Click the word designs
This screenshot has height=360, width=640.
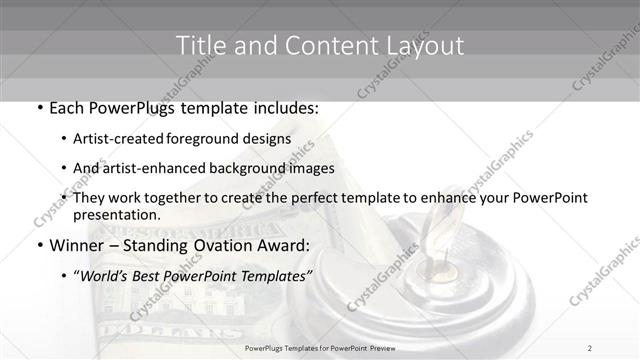(268, 138)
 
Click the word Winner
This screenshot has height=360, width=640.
(77, 245)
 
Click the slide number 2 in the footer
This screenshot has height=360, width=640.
(590, 347)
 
